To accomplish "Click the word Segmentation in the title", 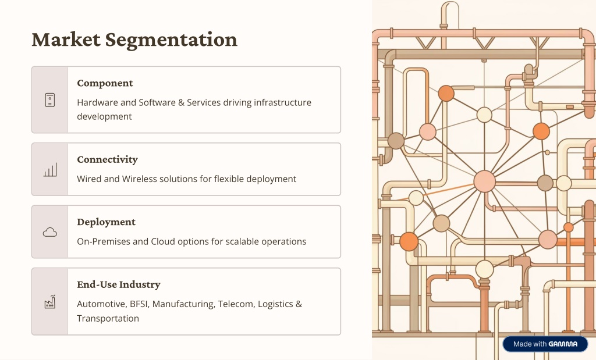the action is pos(171,40).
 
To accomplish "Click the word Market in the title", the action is pos(66,40).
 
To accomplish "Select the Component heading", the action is pos(105,83).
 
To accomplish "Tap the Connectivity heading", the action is pos(107,159).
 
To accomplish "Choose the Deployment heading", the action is pos(106,222).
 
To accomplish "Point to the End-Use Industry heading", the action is pos(119,284).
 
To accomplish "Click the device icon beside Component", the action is pos(50,100).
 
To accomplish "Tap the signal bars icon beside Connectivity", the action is pos(50,170).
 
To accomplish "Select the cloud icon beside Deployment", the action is pos(50,232).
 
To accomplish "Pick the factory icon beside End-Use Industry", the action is pos(50,302).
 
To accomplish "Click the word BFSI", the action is pos(139,304).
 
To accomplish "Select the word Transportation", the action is pos(108,318).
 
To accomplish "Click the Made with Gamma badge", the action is pos(545,344).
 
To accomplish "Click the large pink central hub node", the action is pos(485,181).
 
